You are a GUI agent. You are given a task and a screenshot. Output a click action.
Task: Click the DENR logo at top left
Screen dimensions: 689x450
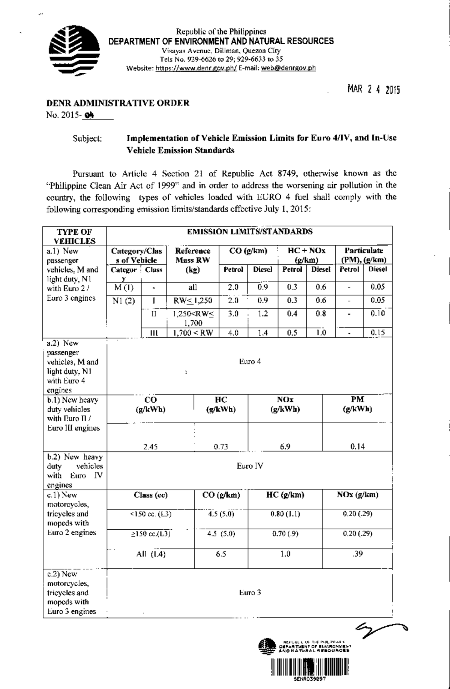75,51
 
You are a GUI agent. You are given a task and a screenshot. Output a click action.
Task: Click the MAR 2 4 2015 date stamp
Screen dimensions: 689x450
373,90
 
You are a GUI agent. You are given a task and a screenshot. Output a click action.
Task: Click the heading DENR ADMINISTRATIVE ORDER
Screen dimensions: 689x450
117,103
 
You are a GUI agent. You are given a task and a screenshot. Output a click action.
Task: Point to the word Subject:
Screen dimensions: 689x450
87,138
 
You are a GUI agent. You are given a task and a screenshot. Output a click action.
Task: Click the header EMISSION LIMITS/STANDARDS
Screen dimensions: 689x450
249,232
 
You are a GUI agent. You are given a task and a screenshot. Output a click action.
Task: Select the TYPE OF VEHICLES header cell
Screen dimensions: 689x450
75,236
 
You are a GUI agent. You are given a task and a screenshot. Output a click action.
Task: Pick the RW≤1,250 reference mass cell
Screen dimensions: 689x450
193,301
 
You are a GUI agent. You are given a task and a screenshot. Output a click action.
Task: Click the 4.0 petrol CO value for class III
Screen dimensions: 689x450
233,333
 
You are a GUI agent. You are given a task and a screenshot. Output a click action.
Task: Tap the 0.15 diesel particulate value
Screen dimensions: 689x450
378,333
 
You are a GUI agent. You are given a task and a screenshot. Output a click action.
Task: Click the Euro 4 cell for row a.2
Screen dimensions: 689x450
250,362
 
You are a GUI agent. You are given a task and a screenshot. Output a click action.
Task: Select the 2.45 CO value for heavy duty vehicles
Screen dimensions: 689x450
150,446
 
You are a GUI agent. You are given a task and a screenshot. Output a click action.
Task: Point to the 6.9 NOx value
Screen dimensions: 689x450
285,446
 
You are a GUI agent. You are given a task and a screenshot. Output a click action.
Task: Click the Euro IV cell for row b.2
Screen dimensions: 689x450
250,466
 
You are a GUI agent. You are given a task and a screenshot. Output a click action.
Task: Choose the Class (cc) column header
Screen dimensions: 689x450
150,495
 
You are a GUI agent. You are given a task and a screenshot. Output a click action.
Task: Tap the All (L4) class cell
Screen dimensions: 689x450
150,554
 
